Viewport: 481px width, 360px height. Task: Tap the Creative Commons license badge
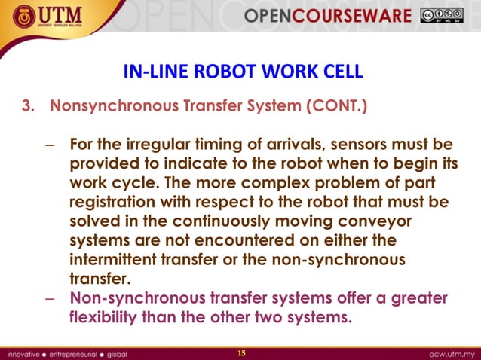pyautogui.click(x=442, y=15)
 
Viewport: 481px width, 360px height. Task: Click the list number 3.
pyautogui.click(x=28, y=106)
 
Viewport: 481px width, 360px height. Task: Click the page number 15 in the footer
pyautogui.click(x=241, y=352)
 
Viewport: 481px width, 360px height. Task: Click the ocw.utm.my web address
pyautogui.click(x=450, y=352)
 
